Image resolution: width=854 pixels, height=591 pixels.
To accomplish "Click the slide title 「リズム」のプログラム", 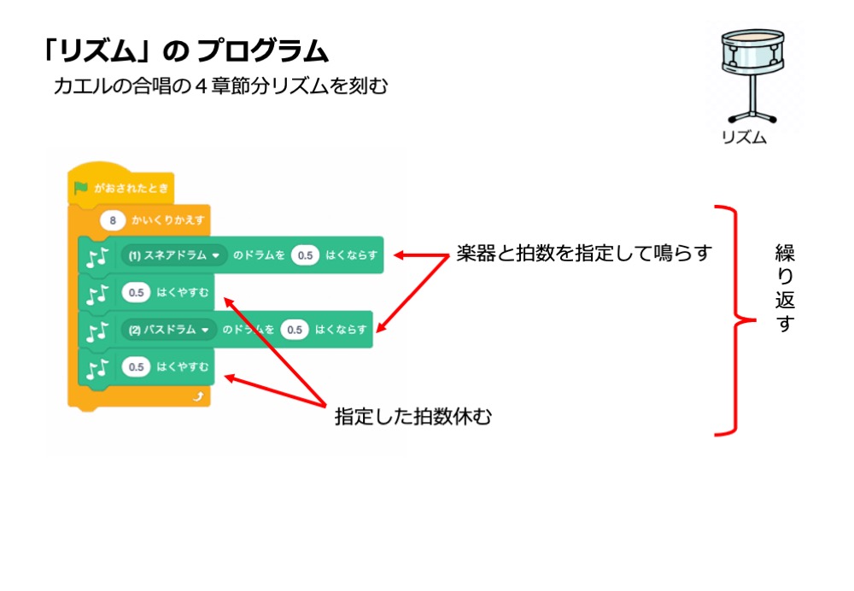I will (184, 51).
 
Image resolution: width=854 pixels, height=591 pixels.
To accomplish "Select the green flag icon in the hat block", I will (81, 187).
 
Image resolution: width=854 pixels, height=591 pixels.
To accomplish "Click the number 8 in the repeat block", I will (113, 220).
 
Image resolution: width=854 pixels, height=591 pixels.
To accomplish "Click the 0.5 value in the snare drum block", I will (304, 255).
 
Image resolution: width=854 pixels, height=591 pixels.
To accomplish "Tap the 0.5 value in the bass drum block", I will (294, 330).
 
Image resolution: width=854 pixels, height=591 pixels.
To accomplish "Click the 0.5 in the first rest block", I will (135, 293).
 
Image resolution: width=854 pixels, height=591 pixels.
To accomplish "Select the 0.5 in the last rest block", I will (135, 367).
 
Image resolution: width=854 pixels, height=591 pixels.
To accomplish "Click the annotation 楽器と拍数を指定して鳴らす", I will (583, 254).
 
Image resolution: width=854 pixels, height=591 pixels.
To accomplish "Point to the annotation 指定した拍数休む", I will (413, 417).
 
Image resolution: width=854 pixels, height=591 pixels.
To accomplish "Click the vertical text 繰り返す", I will (784, 288).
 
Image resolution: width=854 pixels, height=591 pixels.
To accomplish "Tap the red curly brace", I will (728, 320).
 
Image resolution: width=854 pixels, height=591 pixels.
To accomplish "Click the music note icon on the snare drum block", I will (97, 256).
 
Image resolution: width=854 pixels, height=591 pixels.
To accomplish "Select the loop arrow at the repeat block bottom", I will (198, 397).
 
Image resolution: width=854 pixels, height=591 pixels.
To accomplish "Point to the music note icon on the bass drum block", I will (97, 331).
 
